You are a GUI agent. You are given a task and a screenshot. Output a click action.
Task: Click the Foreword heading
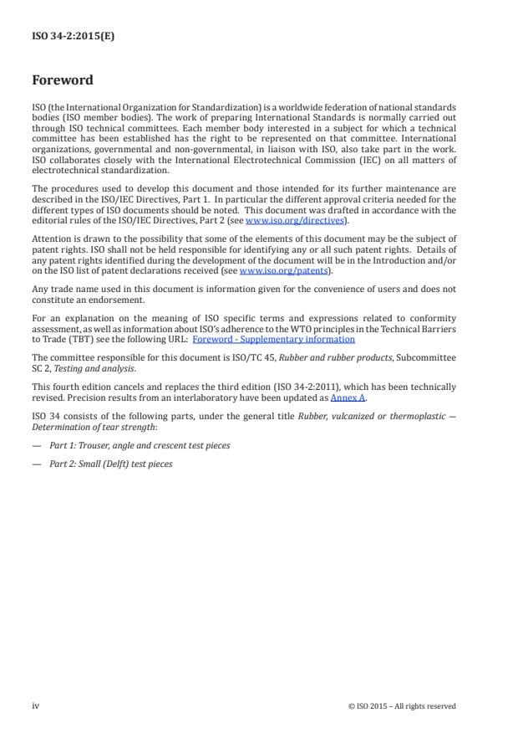pos(63,81)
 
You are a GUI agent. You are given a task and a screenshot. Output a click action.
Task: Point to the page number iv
pos(35,705)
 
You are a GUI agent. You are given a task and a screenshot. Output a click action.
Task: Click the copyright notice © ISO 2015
pos(402,706)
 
